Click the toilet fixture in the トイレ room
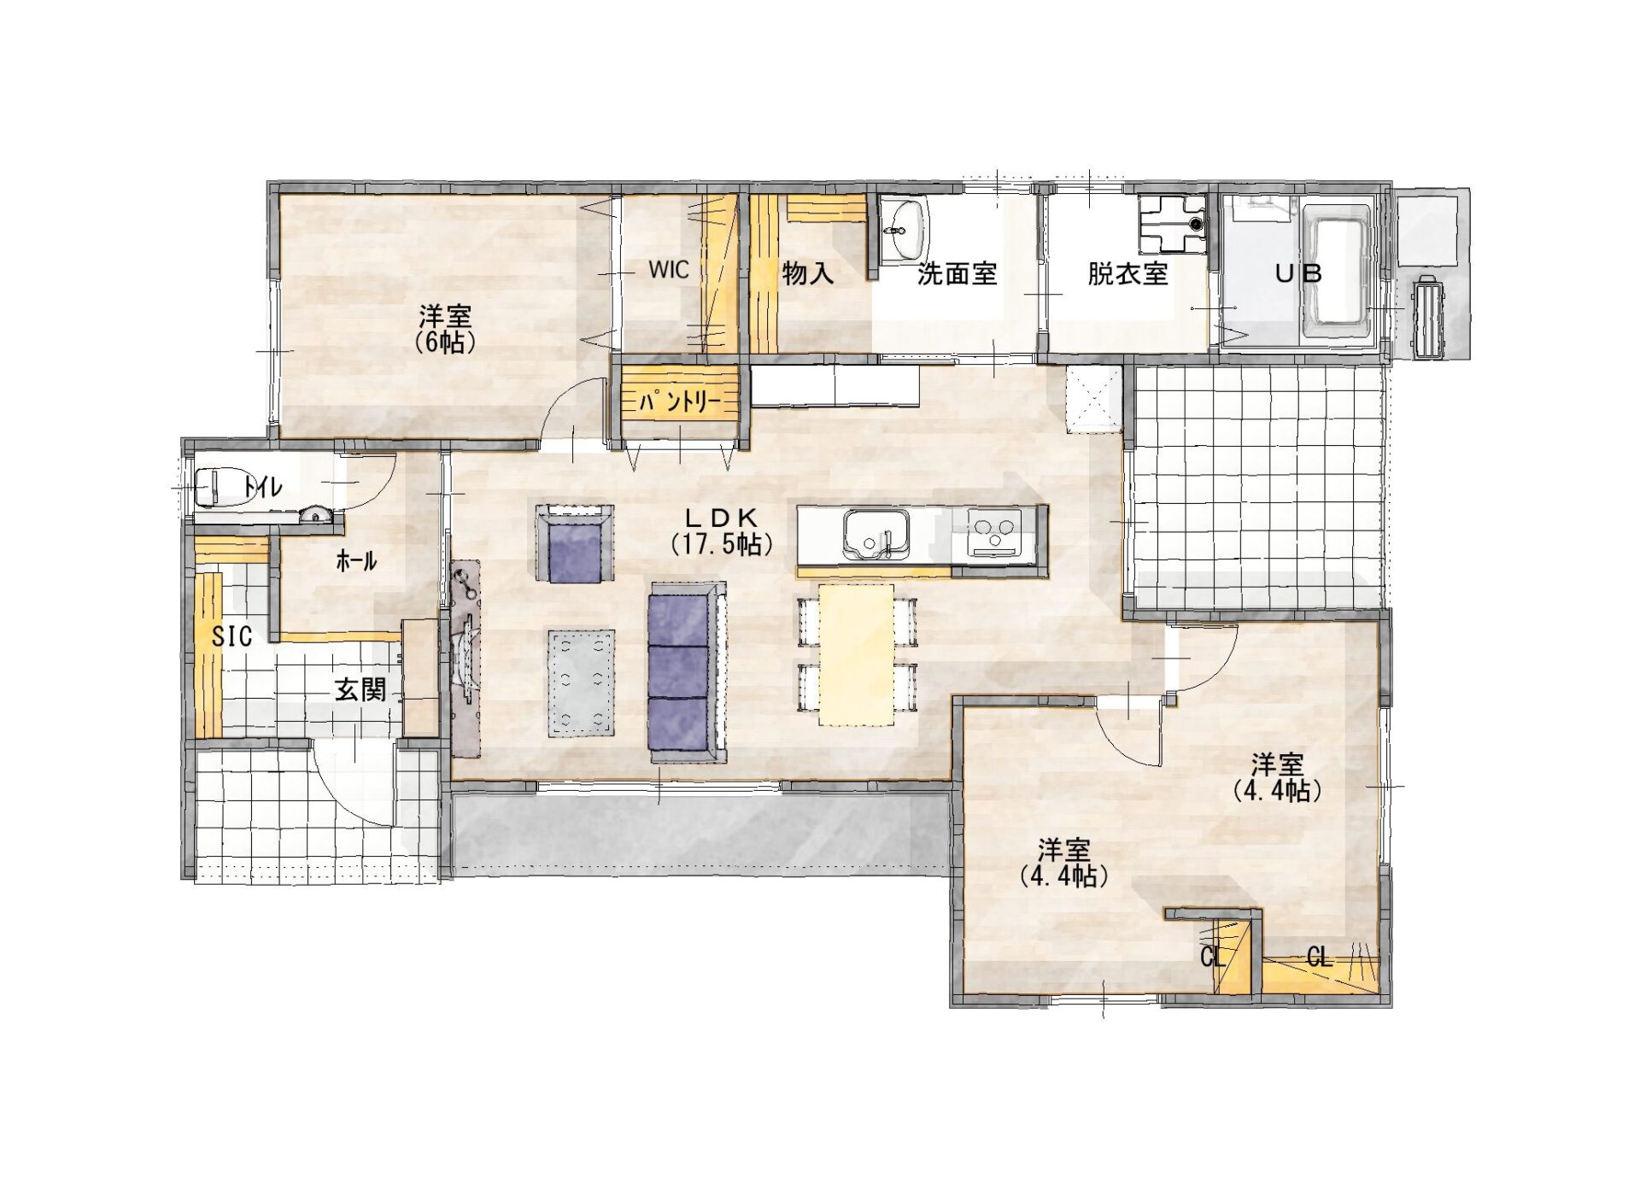pos(218,488)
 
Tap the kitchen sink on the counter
pos(876,535)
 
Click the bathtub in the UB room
pos(1338,271)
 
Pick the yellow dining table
pos(857,654)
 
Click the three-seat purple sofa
pos(688,673)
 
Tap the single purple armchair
pos(575,543)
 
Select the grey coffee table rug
pos(581,682)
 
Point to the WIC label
pos(668,270)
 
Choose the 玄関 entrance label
pos(360,689)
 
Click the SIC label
pos(231,636)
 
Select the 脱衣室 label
pos(1127,274)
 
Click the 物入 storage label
pos(807,273)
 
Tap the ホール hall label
pos(356,561)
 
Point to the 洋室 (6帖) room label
pos(444,328)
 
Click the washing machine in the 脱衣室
pos(1172,223)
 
